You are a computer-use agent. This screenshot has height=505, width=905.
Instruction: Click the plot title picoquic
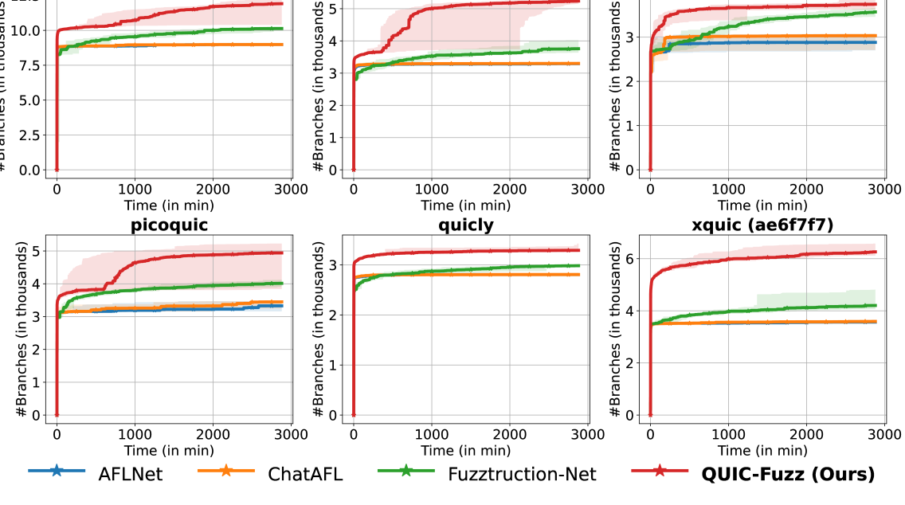(169, 225)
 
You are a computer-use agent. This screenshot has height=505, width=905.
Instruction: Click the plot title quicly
(466, 225)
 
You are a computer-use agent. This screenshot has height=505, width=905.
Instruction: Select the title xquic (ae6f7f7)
(763, 225)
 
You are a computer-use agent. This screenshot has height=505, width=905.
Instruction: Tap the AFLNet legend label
(130, 474)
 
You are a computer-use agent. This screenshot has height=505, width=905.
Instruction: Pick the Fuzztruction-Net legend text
(521, 474)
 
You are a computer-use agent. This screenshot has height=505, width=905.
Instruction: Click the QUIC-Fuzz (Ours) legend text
(787, 474)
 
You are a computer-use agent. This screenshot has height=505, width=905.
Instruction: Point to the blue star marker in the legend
(56, 472)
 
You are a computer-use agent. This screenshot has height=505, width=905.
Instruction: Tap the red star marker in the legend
(660, 472)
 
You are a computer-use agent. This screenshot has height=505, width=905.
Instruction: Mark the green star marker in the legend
(406, 472)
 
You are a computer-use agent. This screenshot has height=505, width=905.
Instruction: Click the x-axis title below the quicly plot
(466, 451)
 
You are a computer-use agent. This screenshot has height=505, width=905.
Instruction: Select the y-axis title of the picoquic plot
(22, 327)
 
